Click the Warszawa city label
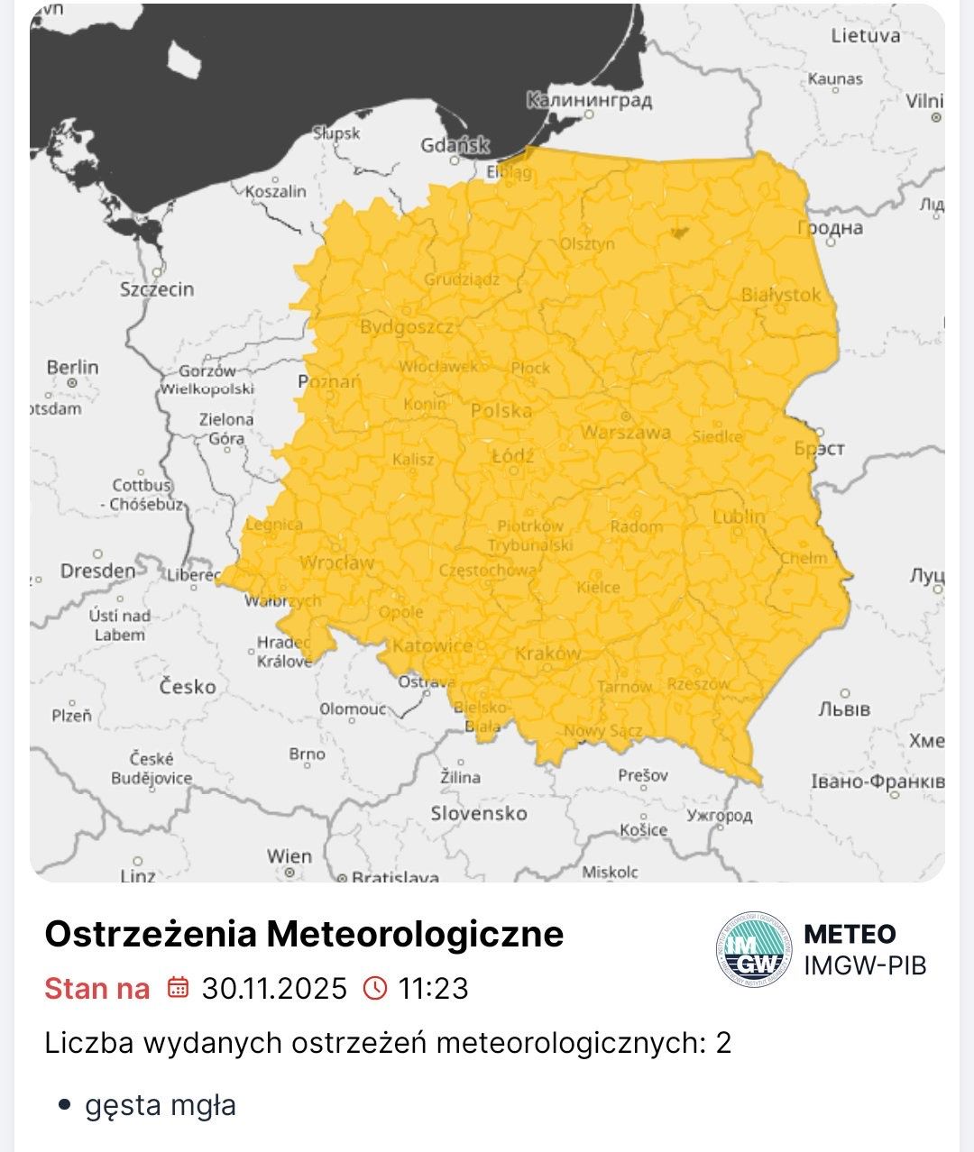click(x=626, y=432)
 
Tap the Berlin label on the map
click(x=72, y=368)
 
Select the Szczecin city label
click(x=157, y=289)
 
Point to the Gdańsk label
click(x=455, y=145)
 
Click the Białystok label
click(x=781, y=295)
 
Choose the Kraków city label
click(x=548, y=654)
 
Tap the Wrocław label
click(x=336, y=563)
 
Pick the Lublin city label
click(x=739, y=517)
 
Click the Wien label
click(x=289, y=855)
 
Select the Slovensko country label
click(x=479, y=813)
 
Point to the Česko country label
click(x=188, y=687)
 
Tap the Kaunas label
click(x=835, y=79)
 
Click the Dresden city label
click(x=97, y=571)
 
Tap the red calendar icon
click(x=178, y=988)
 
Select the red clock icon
click(x=374, y=988)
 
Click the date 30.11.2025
click(x=274, y=989)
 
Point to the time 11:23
click(x=434, y=989)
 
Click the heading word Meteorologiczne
click(x=416, y=934)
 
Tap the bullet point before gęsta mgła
click(x=63, y=1105)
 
